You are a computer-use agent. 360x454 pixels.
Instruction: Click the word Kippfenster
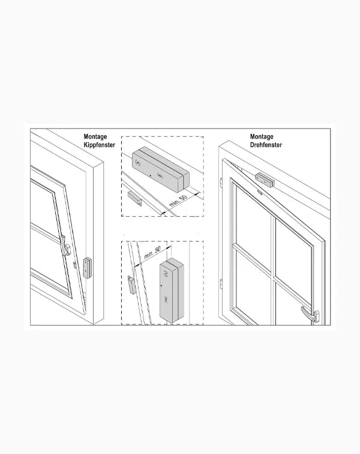(x=99, y=145)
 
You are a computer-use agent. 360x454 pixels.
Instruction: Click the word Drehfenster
(x=266, y=145)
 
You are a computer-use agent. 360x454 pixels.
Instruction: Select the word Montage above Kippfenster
(x=95, y=137)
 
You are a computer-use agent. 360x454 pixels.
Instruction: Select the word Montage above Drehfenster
(x=262, y=137)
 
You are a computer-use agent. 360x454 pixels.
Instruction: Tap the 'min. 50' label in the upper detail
(x=178, y=201)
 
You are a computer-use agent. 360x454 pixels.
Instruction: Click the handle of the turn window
(x=310, y=314)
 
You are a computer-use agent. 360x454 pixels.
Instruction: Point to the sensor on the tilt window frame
(x=88, y=268)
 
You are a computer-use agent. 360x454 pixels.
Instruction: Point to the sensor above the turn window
(x=265, y=180)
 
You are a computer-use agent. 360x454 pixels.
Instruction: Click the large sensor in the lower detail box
(x=172, y=290)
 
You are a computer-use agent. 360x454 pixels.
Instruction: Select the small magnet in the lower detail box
(x=132, y=285)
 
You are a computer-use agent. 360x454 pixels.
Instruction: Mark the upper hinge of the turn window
(x=221, y=182)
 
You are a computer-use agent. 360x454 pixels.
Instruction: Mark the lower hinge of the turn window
(x=221, y=283)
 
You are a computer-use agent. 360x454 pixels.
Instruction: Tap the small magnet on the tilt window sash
(x=74, y=265)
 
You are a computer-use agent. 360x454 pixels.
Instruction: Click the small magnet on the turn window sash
(x=259, y=192)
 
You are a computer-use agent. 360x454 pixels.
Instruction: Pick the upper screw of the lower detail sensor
(x=166, y=273)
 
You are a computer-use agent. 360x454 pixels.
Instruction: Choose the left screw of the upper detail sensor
(x=138, y=163)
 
